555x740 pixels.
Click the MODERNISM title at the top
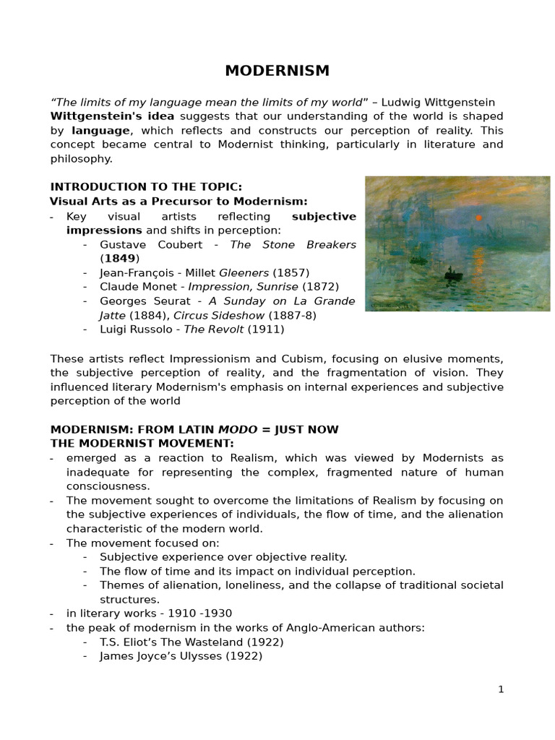click(277, 71)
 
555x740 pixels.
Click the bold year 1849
click(120, 259)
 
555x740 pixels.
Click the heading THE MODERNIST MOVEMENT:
click(142, 443)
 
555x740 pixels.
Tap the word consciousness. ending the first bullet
click(108, 486)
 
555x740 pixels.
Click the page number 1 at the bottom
click(501, 689)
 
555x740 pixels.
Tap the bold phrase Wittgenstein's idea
click(112, 116)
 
